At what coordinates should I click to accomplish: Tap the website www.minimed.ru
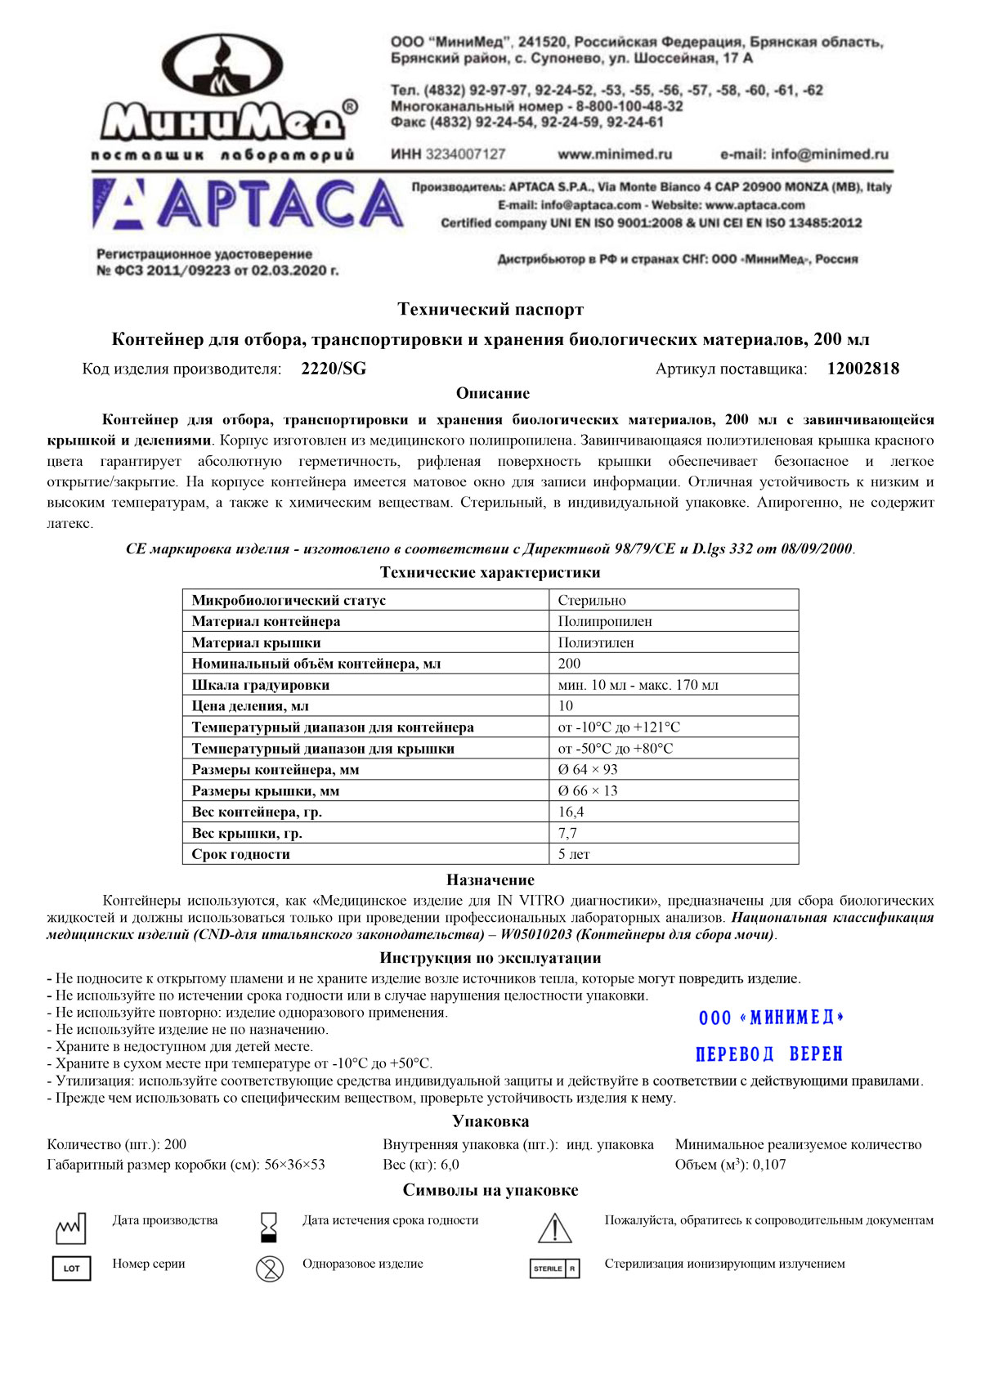(x=615, y=154)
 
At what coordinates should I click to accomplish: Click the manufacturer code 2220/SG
(x=334, y=369)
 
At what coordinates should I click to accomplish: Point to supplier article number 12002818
(x=862, y=369)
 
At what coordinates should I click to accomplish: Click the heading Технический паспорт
(x=490, y=310)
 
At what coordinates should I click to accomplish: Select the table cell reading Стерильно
(x=592, y=600)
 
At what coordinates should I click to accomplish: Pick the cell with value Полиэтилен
(x=596, y=642)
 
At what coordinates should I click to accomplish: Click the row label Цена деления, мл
(x=250, y=706)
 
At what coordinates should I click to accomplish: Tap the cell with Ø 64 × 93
(x=588, y=770)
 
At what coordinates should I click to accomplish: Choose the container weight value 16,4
(x=571, y=812)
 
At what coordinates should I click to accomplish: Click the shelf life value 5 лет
(x=574, y=855)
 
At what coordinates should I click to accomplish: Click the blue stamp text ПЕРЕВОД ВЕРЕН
(x=768, y=1054)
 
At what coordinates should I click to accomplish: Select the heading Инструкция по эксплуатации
(x=490, y=958)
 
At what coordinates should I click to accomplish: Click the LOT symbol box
(x=71, y=1268)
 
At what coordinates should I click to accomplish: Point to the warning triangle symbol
(x=554, y=1228)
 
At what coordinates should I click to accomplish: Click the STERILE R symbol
(x=554, y=1268)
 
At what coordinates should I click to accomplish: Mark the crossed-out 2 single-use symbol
(x=269, y=1268)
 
